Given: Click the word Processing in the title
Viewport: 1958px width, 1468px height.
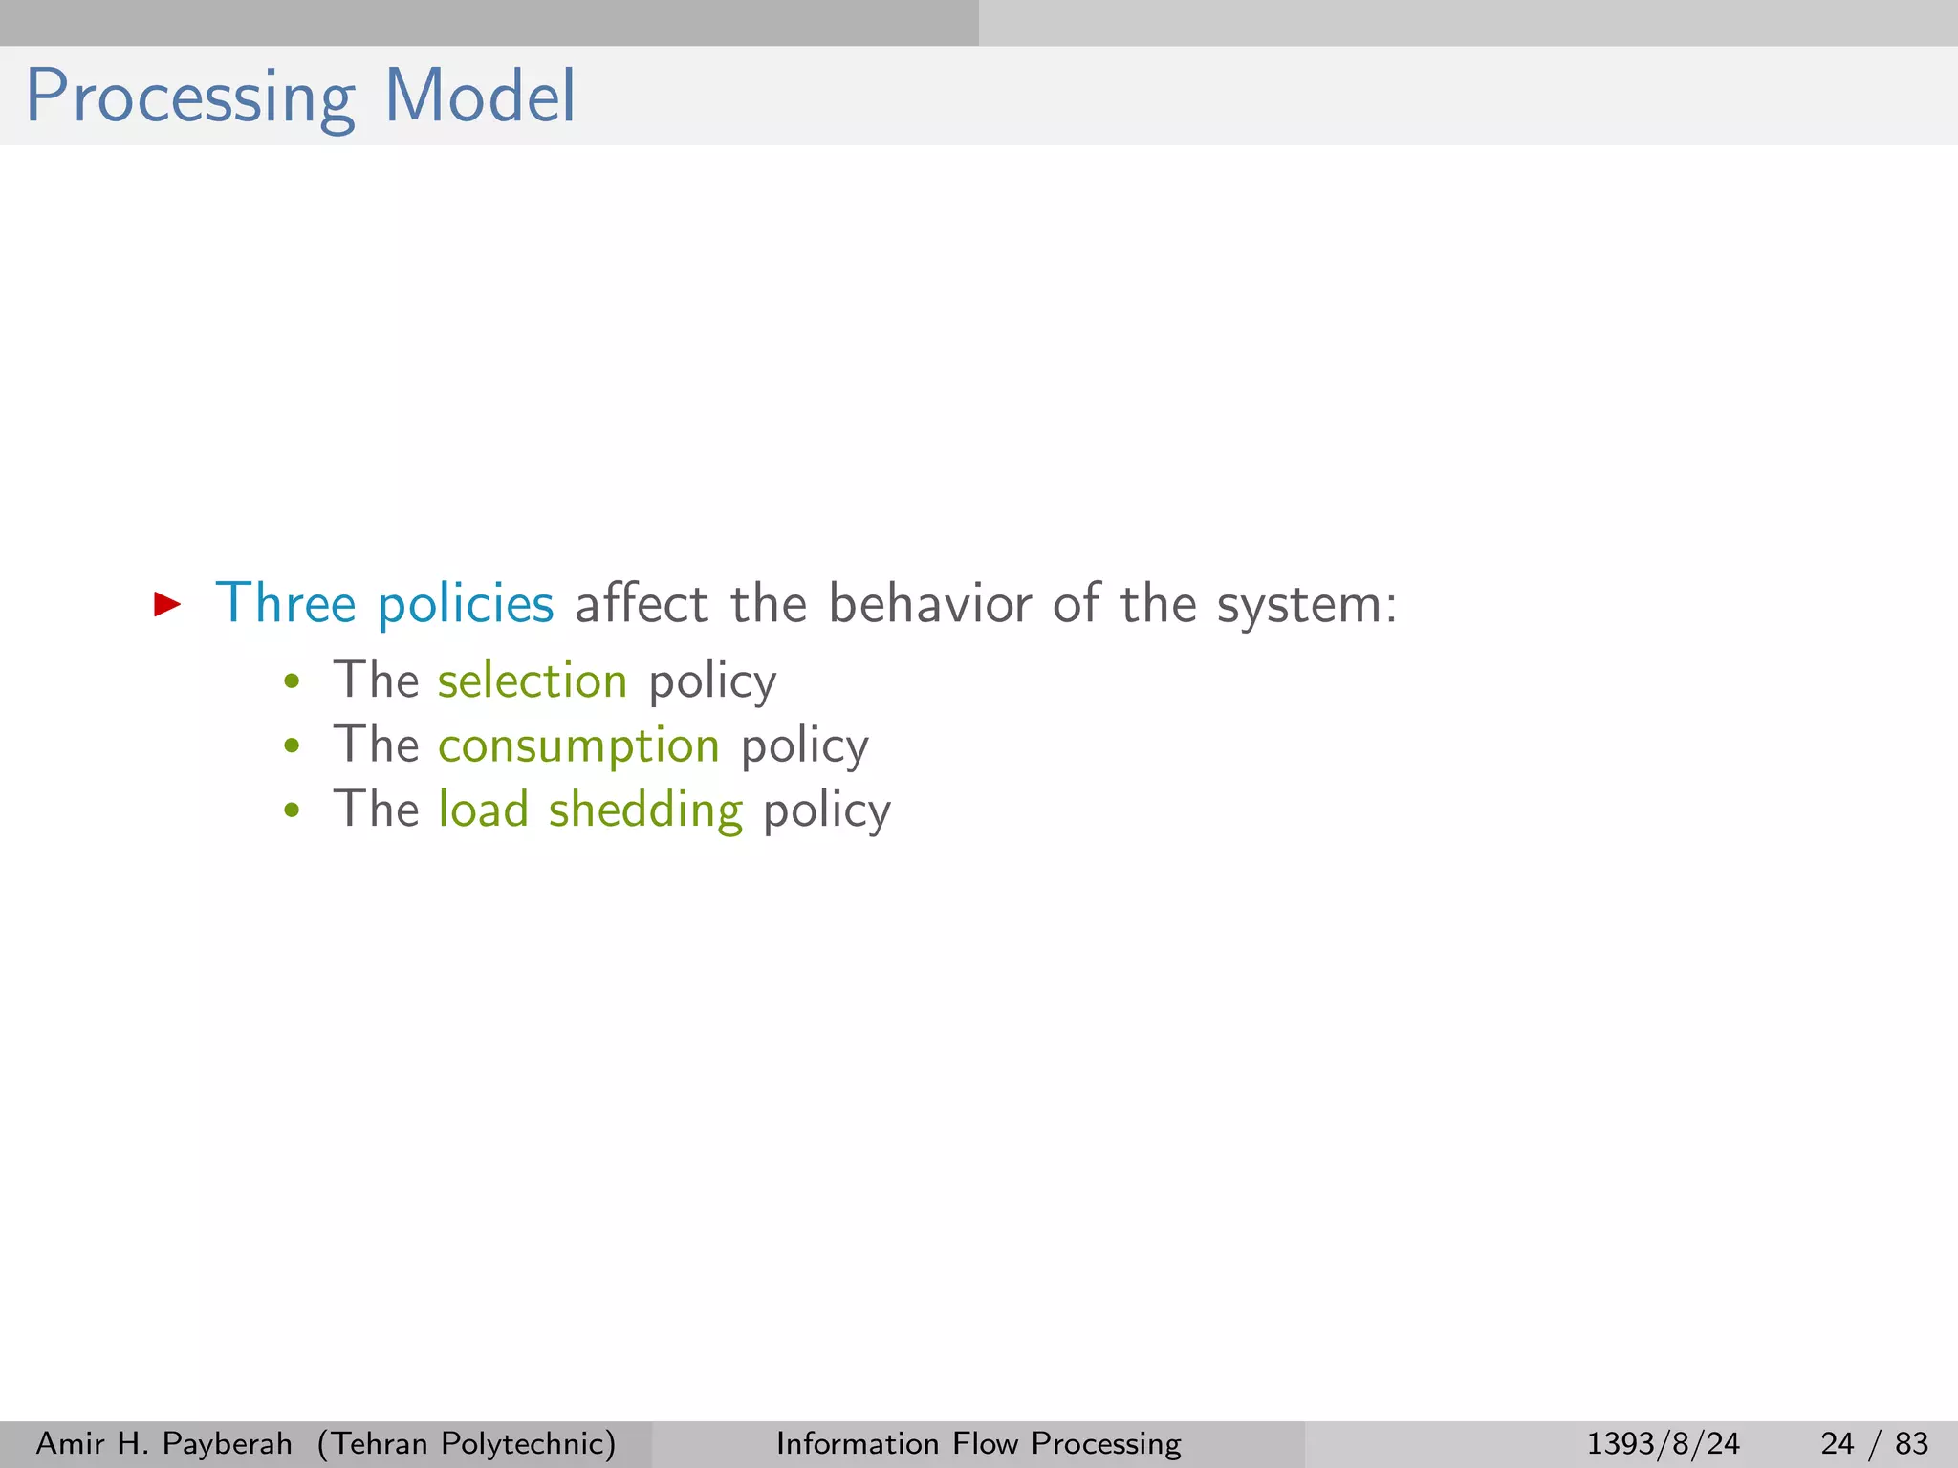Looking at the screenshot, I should [189, 97].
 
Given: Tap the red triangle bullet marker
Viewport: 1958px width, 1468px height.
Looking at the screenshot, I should [167, 603].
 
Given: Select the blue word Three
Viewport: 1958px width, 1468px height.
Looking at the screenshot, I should [285, 604].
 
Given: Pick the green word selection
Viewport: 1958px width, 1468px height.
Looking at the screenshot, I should [533, 680].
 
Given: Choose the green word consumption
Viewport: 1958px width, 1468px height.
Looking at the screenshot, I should [578, 745].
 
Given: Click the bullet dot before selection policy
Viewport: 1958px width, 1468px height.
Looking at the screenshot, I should [293, 682].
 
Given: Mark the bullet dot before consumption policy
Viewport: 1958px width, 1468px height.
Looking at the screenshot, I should [293, 746].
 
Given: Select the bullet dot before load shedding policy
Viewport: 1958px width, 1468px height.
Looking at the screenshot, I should [293, 811].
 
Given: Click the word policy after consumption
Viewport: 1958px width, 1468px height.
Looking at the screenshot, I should [805, 747].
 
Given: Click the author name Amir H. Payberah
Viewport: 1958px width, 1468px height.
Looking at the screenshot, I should [163, 1443].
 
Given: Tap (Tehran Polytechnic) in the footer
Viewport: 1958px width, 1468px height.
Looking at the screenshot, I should [467, 1443].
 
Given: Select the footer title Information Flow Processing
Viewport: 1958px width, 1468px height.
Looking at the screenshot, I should [978, 1443].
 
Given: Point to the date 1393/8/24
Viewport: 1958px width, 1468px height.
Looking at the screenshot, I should [1663, 1443].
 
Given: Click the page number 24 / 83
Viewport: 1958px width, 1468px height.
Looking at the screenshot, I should [1874, 1443].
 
